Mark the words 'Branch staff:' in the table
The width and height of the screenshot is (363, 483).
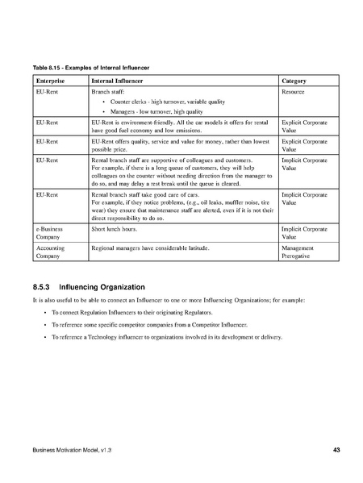[109, 94]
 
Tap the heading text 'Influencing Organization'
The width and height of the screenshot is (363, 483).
[103, 286]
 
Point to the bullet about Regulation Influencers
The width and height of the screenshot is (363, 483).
[143, 311]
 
